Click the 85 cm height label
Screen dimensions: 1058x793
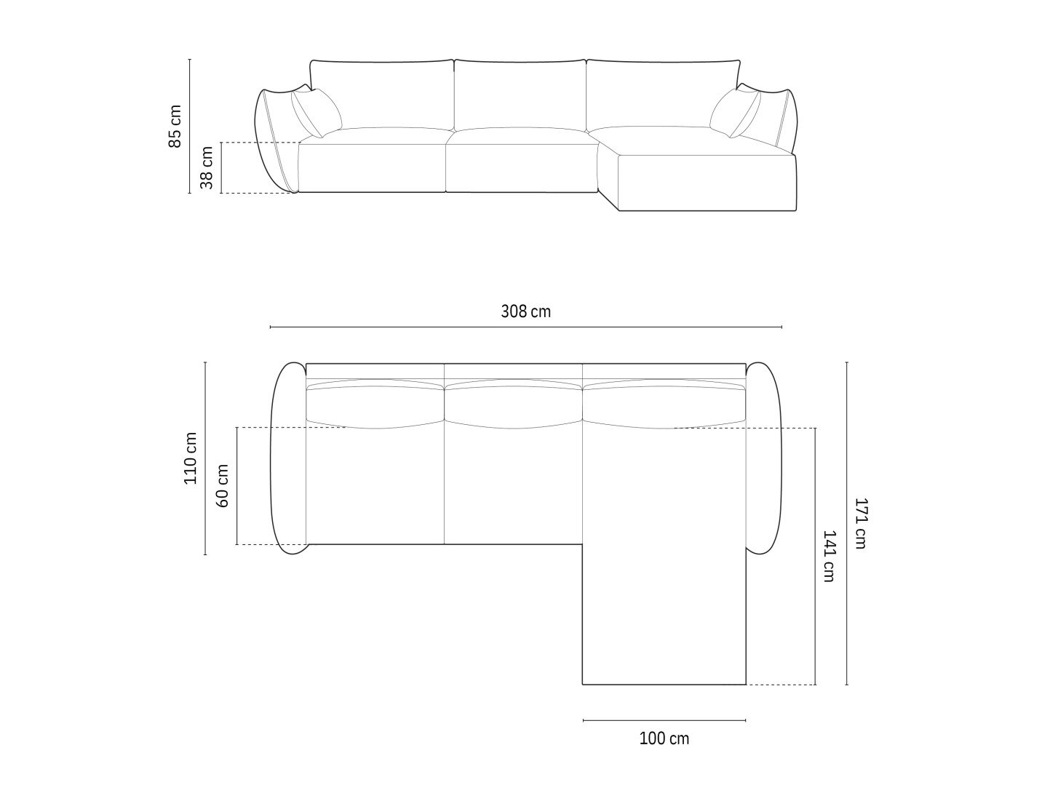175,126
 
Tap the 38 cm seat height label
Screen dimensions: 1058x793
207,167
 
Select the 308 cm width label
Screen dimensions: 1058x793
525,311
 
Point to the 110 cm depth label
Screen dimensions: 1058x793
191,458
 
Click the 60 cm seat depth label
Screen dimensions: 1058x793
222,486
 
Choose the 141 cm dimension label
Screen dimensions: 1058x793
829,556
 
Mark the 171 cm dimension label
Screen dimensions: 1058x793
861,524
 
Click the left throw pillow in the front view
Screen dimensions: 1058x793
317,113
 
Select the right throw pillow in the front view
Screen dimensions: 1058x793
735,113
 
